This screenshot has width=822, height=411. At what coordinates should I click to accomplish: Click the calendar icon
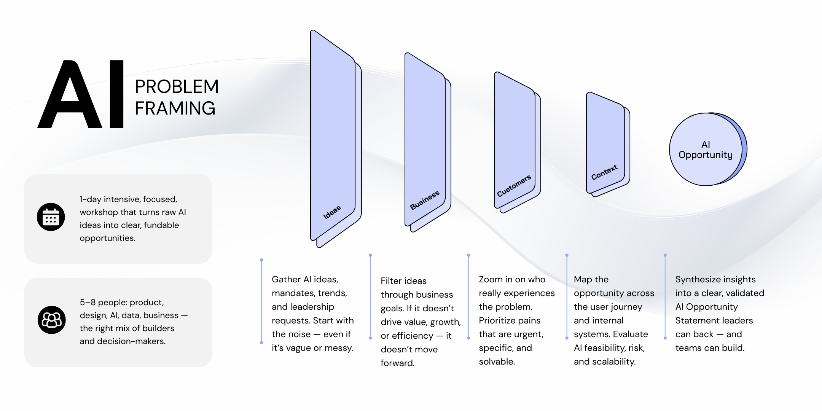pos(51,217)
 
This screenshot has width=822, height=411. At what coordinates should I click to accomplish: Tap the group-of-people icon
pos(51,320)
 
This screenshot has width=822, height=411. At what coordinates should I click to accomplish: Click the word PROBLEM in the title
pos(177,87)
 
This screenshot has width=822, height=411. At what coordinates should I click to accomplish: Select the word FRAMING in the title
pos(175,108)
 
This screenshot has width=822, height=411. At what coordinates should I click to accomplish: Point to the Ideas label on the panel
pos(332,212)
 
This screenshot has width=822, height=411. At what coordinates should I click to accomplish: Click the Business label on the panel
pos(424,200)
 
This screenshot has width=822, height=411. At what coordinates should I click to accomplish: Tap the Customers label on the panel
pos(514,186)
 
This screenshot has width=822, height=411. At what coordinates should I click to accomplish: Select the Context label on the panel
pos(604,172)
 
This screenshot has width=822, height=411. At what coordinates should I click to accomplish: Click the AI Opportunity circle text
pos(705,150)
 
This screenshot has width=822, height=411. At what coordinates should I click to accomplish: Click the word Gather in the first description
pos(286,280)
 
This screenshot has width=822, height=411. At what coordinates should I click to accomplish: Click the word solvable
pos(496,362)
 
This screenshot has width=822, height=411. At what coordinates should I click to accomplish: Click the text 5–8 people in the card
pos(103,303)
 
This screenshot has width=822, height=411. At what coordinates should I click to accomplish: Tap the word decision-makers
pos(131,341)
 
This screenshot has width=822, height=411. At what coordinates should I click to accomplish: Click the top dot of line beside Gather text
pos(261,260)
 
